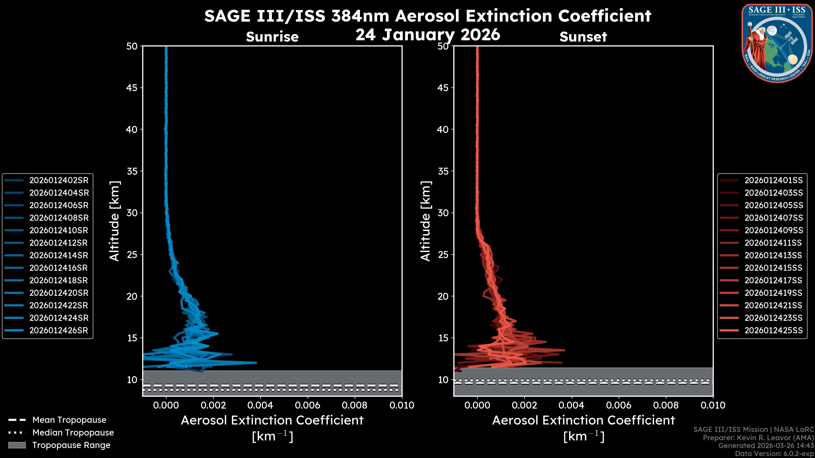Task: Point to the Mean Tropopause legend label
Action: pos(69,420)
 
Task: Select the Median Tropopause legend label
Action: pos(73,432)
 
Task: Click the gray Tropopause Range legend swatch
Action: pos(17,445)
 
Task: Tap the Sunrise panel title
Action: pos(272,37)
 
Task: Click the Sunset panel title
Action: pos(583,37)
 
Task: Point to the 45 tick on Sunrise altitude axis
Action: pos(132,88)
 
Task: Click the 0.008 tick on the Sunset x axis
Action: pos(666,405)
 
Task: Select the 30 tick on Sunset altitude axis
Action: pos(443,213)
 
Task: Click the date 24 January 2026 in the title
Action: pos(428,35)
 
